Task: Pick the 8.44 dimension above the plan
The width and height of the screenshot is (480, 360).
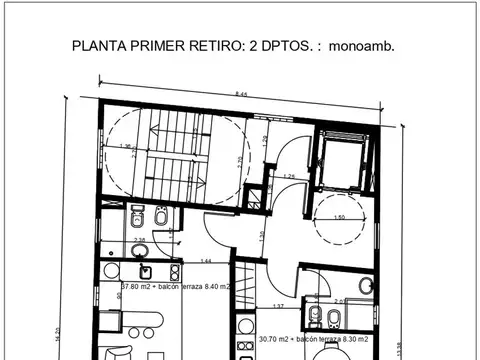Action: (243, 93)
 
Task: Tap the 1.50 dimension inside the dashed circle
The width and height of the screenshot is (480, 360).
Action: (339, 217)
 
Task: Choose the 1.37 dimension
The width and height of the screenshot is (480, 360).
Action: (279, 306)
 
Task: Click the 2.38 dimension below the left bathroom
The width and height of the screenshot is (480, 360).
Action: (140, 240)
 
